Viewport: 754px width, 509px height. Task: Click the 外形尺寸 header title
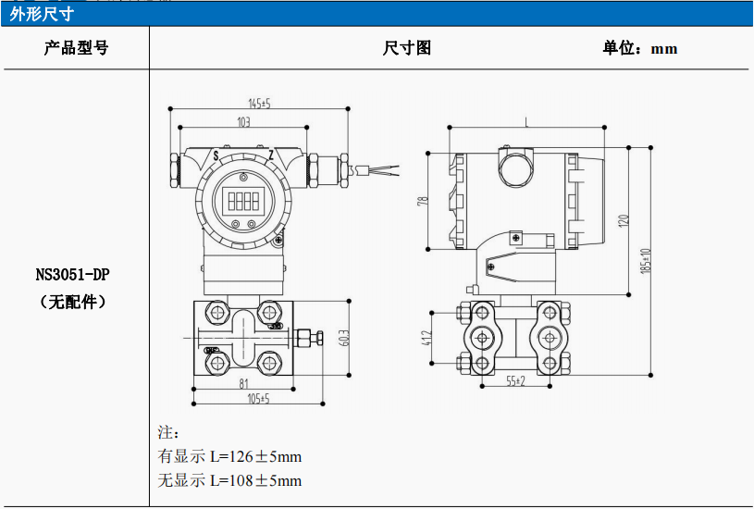click(x=42, y=14)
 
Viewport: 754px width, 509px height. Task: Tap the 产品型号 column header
click(x=76, y=48)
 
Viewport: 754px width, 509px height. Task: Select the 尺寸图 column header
click(x=407, y=48)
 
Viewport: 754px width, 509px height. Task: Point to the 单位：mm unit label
click(x=640, y=48)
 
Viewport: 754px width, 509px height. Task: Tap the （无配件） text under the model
click(x=74, y=302)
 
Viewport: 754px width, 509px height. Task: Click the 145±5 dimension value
click(x=259, y=103)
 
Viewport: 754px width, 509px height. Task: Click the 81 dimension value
click(x=243, y=383)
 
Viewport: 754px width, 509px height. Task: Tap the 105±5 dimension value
click(x=258, y=399)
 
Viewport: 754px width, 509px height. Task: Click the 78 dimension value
click(x=422, y=201)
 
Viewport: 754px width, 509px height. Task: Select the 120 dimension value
click(x=624, y=220)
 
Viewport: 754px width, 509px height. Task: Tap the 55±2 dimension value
click(x=514, y=380)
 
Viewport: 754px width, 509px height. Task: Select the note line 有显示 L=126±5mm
click(x=230, y=456)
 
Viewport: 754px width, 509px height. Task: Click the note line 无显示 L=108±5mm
click(x=230, y=480)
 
